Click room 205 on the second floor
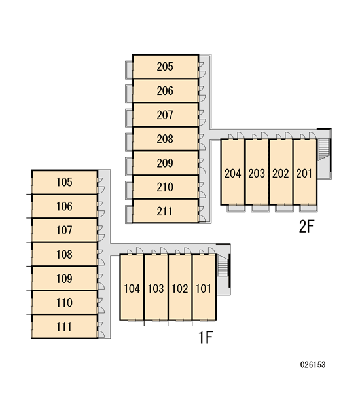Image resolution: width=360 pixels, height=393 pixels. coord(166,66)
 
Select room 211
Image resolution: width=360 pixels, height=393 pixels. coord(166,211)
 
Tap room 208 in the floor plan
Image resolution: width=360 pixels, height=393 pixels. coord(166,139)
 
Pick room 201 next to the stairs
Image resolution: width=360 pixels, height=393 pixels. coord(304,172)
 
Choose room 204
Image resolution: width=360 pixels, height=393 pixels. coord(233,172)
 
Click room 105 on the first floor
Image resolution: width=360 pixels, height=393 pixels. coord(65,182)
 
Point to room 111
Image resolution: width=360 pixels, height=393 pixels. coord(65,327)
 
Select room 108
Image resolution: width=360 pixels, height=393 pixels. coord(65,254)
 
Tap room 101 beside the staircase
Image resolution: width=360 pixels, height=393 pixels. coord(204,288)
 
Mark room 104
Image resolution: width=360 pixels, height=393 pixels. coord(132,288)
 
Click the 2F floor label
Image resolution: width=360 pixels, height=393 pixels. coord(306,227)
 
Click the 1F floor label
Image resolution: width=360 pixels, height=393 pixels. coord(206,337)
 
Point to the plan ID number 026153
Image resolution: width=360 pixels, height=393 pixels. coord(313,364)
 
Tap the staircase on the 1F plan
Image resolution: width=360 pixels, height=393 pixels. coord(223,265)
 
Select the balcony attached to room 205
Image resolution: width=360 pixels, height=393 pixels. coord(129,70)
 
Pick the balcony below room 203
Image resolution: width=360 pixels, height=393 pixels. coord(261,208)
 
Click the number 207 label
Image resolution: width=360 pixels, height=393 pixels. coord(165,115)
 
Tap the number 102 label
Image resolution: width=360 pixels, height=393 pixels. coord(180,288)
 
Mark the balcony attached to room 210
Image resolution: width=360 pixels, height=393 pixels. coord(129,191)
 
